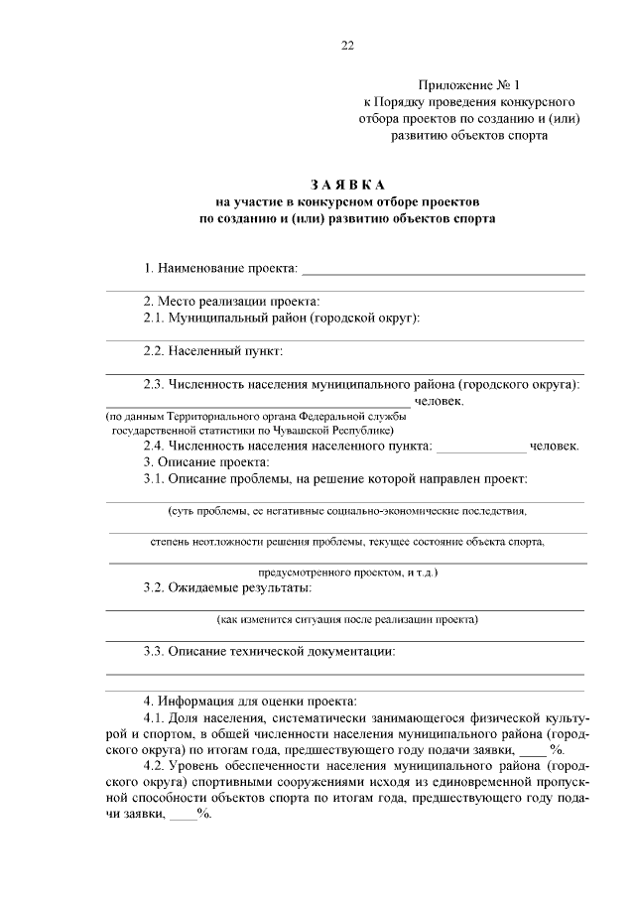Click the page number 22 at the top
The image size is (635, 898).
(346, 45)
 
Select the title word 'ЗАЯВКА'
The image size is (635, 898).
(346, 185)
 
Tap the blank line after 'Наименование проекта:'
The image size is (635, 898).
(443, 270)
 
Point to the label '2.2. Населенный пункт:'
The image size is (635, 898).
(213, 350)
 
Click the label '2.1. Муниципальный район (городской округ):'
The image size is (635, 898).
(283, 318)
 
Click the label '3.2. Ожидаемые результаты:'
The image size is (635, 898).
(228, 588)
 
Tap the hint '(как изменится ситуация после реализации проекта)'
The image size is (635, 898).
(347, 620)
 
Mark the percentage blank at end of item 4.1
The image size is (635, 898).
(533, 750)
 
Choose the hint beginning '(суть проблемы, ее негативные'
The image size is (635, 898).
(347, 511)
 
